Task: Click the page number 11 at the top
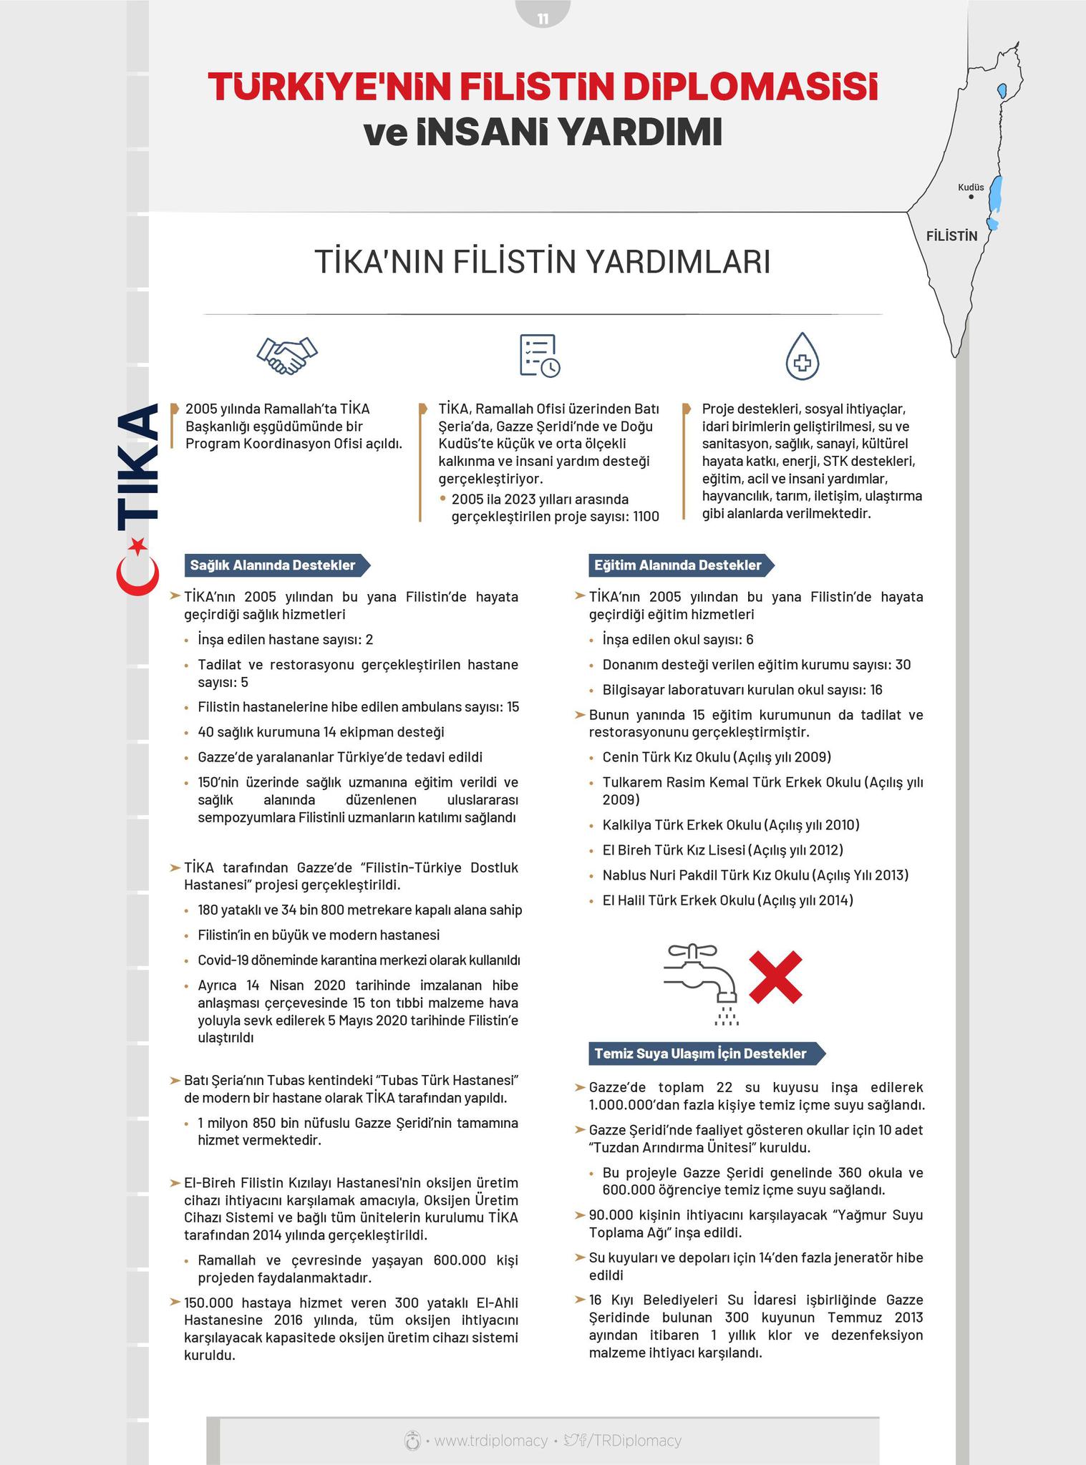(x=543, y=19)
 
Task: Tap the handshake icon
(x=287, y=354)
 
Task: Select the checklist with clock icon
(x=539, y=355)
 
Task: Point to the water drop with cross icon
(x=802, y=356)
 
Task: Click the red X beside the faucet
(x=775, y=976)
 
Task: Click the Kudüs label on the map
(x=971, y=188)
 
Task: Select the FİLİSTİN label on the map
(x=951, y=236)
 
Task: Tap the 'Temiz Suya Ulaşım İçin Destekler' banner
(x=706, y=1053)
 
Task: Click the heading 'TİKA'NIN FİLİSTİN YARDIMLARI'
(x=543, y=262)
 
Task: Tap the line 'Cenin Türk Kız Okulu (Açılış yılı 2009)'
(x=716, y=757)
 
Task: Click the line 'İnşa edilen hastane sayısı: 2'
(x=285, y=640)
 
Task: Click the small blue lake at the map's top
(x=1002, y=90)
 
